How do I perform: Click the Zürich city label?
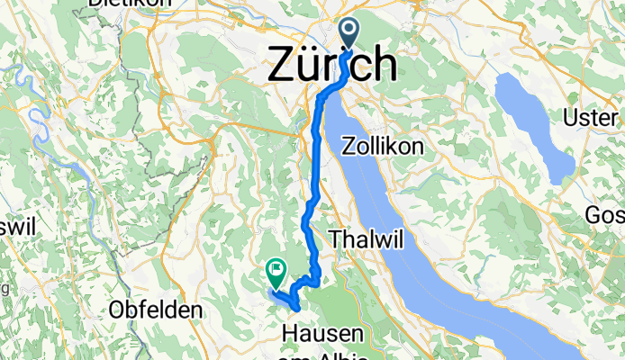(x=332, y=65)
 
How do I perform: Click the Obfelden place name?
(x=154, y=310)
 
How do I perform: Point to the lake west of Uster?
(x=537, y=126)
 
